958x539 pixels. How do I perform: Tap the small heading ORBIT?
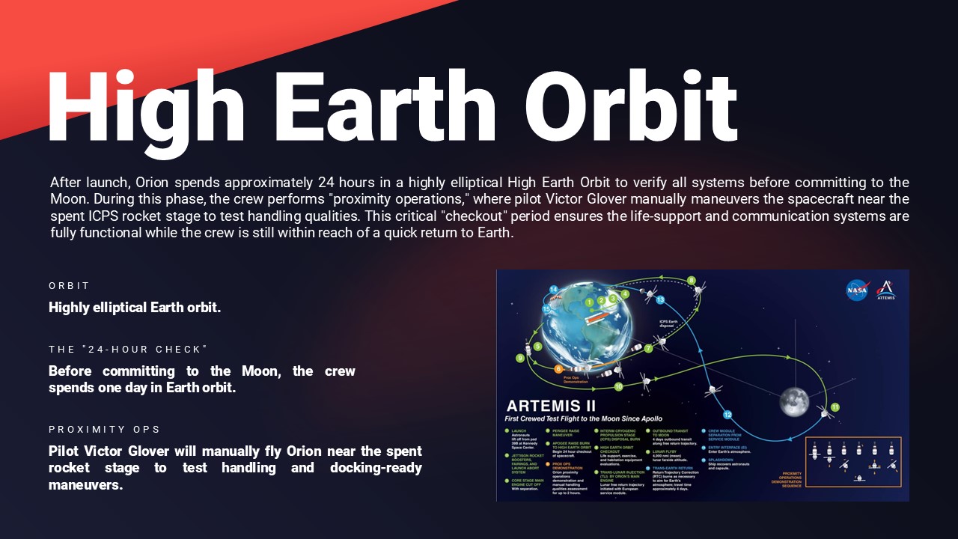click(69, 286)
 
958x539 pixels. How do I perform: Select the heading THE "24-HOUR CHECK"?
click(127, 350)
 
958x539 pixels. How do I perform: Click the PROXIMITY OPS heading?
click(105, 429)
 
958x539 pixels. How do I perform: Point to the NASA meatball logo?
click(857, 290)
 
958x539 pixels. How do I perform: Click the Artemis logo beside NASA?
click(886, 290)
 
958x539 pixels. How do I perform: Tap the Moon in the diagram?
click(794, 402)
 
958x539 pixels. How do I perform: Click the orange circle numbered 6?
click(558, 369)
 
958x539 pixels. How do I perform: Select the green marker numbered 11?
click(835, 406)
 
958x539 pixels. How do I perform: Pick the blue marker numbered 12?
click(727, 415)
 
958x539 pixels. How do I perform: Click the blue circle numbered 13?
click(660, 299)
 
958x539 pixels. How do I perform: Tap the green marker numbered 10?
click(618, 387)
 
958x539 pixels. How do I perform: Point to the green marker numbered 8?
click(692, 281)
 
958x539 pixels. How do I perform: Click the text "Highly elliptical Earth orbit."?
click(135, 308)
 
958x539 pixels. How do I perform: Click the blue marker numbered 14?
click(554, 289)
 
